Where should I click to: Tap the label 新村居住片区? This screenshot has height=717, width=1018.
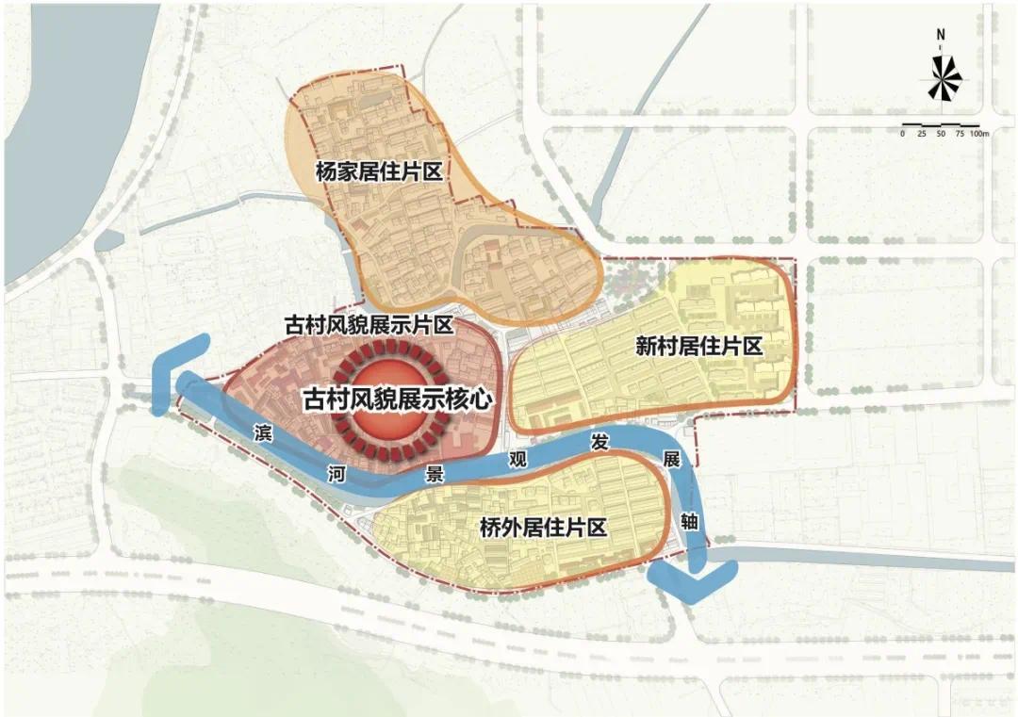coord(698,347)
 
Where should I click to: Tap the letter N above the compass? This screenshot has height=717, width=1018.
coord(941,36)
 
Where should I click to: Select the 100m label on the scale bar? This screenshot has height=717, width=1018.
coord(977,135)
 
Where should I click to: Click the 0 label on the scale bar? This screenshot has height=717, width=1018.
coord(902,135)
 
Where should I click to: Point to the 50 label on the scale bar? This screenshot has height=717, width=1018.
coord(941,135)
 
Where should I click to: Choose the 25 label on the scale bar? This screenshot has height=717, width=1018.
coord(921,135)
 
